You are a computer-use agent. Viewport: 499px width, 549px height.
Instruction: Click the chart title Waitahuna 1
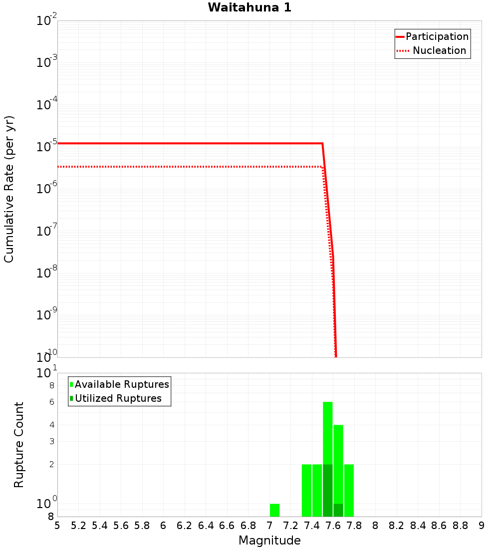pyautogui.click(x=249, y=7)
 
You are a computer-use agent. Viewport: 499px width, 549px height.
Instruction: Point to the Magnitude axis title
pyautogui.click(x=269, y=541)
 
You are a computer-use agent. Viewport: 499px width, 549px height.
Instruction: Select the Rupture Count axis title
pyautogui.click(x=19, y=444)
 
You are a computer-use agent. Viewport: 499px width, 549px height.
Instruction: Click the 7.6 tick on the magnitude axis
pyautogui.click(x=333, y=526)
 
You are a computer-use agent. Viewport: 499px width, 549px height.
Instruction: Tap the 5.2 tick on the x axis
pyautogui.click(x=79, y=526)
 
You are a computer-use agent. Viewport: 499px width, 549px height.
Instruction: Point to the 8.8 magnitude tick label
pyautogui.click(x=460, y=526)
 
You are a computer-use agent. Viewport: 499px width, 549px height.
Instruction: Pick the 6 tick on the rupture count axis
pyautogui.click(x=51, y=402)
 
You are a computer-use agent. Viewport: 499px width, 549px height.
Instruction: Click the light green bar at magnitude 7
pyautogui.click(x=274, y=510)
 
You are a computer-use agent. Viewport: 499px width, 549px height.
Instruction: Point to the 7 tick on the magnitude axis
pyautogui.click(x=269, y=526)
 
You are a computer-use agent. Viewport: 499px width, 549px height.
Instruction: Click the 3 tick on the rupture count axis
pyautogui.click(x=51, y=441)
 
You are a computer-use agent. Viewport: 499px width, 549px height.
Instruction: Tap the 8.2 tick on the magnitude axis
pyautogui.click(x=397, y=526)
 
